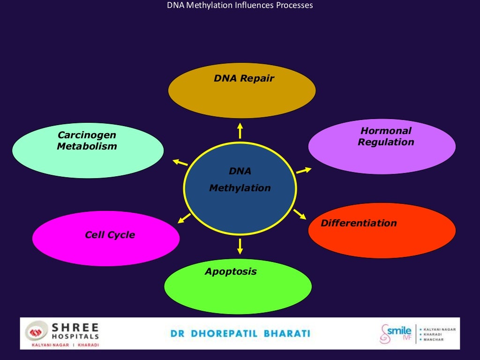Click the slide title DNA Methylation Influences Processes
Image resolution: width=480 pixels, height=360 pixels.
pyautogui.click(x=240, y=6)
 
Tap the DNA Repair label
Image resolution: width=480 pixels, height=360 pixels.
pyautogui.click(x=244, y=79)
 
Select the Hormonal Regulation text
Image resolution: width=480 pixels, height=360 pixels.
pyautogui.click(x=386, y=136)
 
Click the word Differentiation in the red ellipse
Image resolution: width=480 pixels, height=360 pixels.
pyautogui.click(x=359, y=223)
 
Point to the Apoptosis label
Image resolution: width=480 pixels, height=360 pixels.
pyautogui.click(x=231, y=271)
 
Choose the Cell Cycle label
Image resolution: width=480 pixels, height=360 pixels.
pyautogui.click(x=110, y=235)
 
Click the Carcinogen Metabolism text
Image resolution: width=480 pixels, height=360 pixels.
pyautogui.click(x=87, y=141)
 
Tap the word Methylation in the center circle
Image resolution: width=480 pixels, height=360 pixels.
pyautogui.click(x=240, y=188)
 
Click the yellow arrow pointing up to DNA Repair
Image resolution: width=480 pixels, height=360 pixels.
pyautogui.click(x=240, y=131)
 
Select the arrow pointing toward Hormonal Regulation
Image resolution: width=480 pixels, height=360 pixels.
pyautogui.click(x=304, y=170)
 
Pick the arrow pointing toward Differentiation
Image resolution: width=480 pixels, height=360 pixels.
pyautogui.click(x=300, y=214)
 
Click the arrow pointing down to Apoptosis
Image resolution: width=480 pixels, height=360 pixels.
pyautogui.click(x=240, y=246)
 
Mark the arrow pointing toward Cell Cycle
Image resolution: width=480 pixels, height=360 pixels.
pyautogui.click(x=184, y=218)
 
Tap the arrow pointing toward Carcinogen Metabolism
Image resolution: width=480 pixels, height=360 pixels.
pyautogui.click(x=180, y=162)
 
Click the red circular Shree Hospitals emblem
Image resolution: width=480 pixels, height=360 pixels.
pyautogui.click(x=36, y=331)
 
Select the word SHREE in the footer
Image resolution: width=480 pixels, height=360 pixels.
pyautogui.click(x=75, y=327)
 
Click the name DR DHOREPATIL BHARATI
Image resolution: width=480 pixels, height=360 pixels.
pyautogui.click(x=240, y=334)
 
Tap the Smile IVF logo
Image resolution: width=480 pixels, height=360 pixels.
pyautogui.click(x=396, y=333)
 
